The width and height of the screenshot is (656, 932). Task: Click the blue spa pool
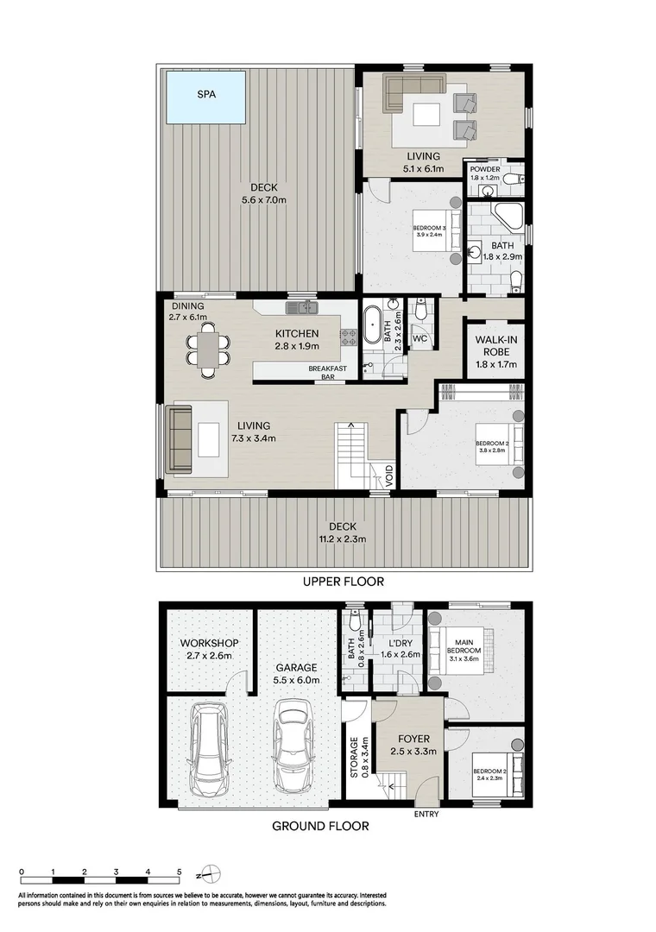[x=205, y=97]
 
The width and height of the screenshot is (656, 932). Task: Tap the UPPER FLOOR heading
[x=343, y=582]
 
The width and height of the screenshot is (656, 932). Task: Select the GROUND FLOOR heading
[x=320, y=826]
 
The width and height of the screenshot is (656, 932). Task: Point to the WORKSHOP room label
[x=209, y=644]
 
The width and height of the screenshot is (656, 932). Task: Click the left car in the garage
[x=209, y=749]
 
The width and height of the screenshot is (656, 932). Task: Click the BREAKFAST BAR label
[x=328, y=373]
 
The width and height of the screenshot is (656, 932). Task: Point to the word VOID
[x=390, y=477]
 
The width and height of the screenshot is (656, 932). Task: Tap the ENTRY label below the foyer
[x=426, y=815]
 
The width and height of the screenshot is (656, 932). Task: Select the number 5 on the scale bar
[x=180, y=872]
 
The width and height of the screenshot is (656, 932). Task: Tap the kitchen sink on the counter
[x=305, y=306]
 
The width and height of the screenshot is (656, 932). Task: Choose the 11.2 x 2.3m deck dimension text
[x=342, y=539]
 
